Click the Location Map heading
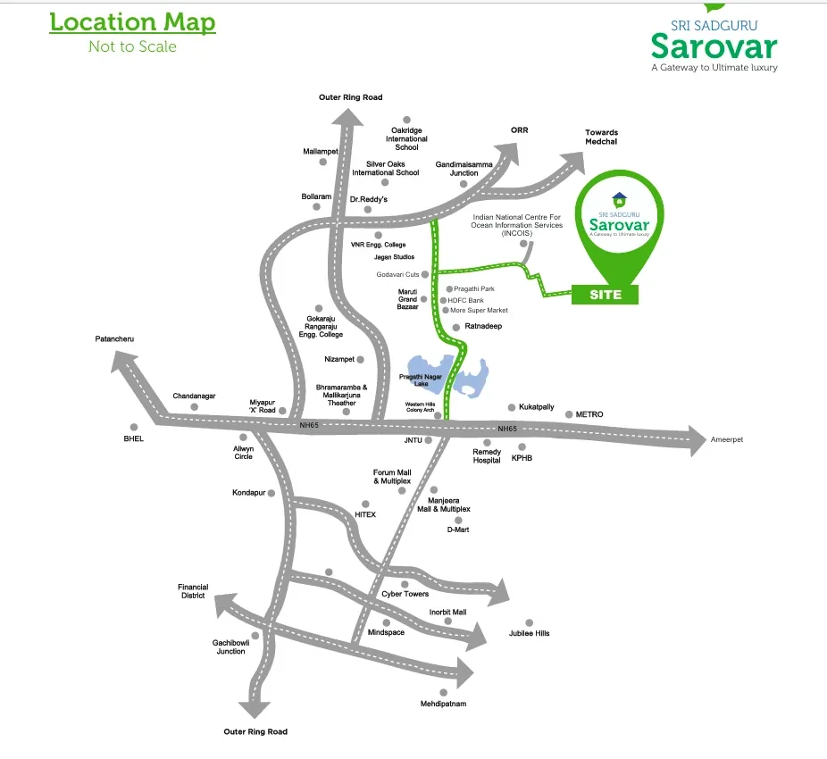click(x=132, y=22)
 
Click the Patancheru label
click(x=115, y=339)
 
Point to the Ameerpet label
click(x=727, y=440)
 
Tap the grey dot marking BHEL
click(x=134, y=427)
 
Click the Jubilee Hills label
click(x=530, y=633)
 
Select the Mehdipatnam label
click(x=444, y=704)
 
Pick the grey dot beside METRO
click(x=569, y=414)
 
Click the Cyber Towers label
click(x=405, y=594)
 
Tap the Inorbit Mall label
click(x=447, y=612)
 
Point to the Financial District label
click(x=192, y=591)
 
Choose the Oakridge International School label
click(x=406, y=139)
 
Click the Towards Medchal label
click(x=601, y=138)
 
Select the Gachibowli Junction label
click(x=230, y=646)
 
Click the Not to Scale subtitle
click(x=132, y=46)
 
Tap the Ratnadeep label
click(x=483, y=327)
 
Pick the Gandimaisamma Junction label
click(x=464, y=169)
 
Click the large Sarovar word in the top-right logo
click(x=714, y=46)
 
